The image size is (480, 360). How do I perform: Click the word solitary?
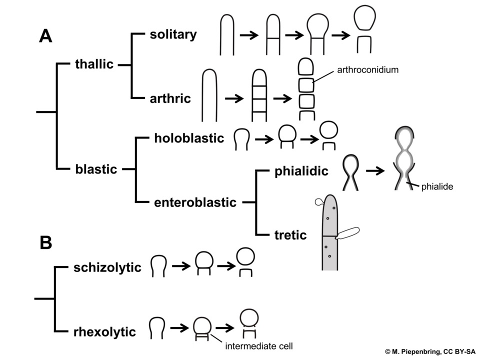(x=173, y=34)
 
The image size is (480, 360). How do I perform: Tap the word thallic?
(x=94, y=64)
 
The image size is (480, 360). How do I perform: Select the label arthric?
(x=170, y=98)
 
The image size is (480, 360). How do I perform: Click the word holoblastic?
(x=189, y=138)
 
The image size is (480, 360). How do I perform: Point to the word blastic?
(x=96, y=169)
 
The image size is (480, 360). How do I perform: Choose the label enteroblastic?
(x=195, y=202)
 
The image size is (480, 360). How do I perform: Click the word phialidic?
(x=301, y=171)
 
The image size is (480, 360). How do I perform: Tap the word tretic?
(x=290, y=235)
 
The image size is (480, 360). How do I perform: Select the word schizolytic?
(x=107, y=267)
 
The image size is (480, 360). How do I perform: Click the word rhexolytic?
(x=104, y=332)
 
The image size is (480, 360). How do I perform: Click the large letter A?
(x=45, y=36)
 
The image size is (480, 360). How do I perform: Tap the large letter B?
(x=46, y=243)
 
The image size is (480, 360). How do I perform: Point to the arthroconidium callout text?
(x=368, y=70)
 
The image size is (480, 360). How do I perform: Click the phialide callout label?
(x=437, y=186)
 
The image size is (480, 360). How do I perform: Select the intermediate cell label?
(x=259, y=346)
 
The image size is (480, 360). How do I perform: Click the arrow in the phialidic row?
(x=375, y=171)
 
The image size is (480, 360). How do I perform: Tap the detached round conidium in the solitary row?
(x=364, y=18)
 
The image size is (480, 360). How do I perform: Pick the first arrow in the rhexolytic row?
(x=179, y=328)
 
